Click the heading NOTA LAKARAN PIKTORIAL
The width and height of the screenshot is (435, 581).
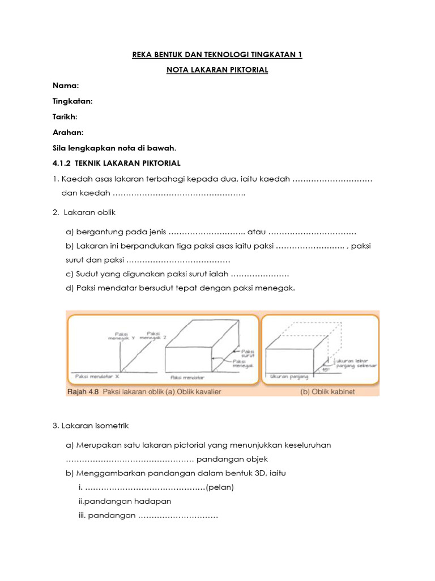click(217, 70)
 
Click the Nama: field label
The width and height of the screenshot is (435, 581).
click(66, 85)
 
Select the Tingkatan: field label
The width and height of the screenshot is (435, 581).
click(72, 100)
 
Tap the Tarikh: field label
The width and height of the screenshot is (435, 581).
click(65, 116)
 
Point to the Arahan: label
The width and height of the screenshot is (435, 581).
click(68, 132)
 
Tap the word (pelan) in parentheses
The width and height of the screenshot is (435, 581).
click(220, 487)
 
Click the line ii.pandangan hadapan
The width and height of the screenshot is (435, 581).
click(125, 501)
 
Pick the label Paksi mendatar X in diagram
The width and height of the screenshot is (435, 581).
click(95, 376)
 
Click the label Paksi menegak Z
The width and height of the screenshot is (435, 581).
click(152, 335)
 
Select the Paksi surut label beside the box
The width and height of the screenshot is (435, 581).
click(248, 353)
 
